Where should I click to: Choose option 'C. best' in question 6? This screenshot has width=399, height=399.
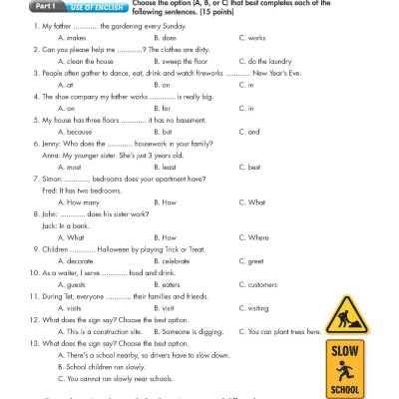coord(250,167)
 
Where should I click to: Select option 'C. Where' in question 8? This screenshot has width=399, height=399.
coord(254,237)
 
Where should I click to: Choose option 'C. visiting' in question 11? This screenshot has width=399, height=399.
coord(255,308)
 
